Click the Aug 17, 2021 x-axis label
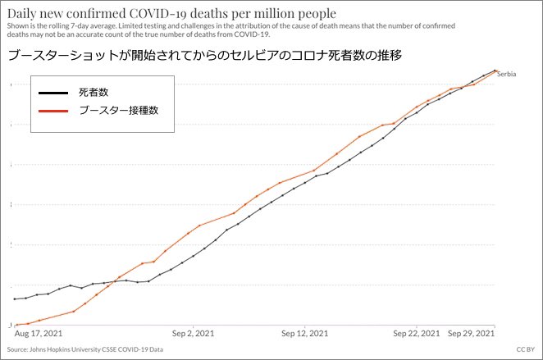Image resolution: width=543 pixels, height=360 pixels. [39, 333]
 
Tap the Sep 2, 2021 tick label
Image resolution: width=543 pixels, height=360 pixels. [194, 333]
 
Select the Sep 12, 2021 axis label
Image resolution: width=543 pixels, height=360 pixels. [305, 333]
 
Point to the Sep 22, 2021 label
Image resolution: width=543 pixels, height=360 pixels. [416, 333]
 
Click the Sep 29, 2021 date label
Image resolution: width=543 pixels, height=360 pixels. [471, 333]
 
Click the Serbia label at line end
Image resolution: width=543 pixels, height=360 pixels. [507, 74]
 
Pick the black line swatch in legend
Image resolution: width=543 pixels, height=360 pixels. [53, 93]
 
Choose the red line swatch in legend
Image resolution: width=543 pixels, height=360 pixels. [53, 111]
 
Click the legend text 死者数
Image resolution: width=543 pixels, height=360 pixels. [94, 93]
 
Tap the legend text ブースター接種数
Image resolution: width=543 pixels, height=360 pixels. [119, 111]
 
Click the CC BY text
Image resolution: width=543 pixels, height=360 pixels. [526, 349]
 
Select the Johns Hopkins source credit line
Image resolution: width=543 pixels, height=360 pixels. [85, 349]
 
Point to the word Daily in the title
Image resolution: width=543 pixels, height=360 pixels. [21, 14]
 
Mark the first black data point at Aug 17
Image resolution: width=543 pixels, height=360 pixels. [15, 298]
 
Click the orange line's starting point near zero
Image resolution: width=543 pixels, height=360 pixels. [16, 325]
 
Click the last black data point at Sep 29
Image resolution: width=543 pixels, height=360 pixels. [495, 71]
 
